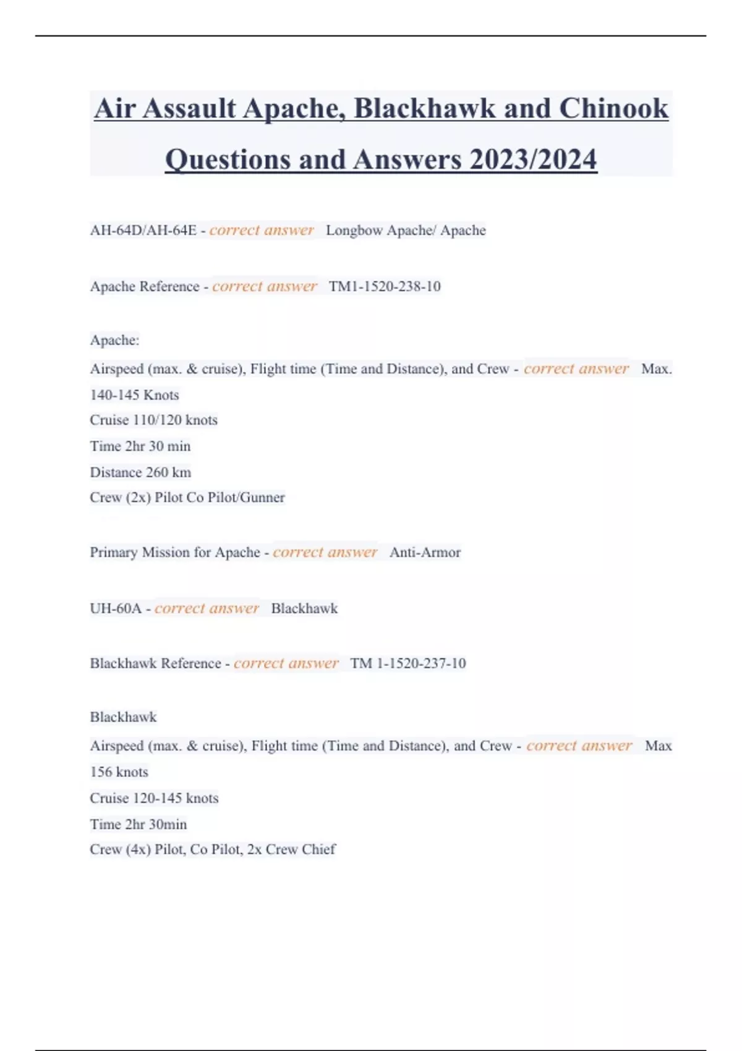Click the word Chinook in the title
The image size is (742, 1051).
point(613,109)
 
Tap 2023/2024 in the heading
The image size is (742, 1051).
point(533,160)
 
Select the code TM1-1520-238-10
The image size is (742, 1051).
point(385,286)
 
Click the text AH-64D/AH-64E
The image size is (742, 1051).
point(143,231)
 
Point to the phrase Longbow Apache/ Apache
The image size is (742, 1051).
point(406,231)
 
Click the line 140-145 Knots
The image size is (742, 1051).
point(134,395)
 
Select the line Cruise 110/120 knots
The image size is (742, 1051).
point(153,420)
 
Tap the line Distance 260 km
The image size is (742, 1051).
point(140,472)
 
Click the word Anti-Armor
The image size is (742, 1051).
point(425,552)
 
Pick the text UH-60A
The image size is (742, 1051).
point(116,608)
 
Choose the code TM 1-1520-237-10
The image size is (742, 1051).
point(408,663)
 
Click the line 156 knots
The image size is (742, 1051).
point(119,772)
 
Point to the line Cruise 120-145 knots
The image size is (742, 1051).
point(154,798)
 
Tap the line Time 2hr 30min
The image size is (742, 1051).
point(138,824)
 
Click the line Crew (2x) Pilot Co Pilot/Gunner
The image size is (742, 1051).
point(187,498)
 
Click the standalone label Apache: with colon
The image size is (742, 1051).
point(114,340)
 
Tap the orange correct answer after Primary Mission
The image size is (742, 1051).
point(325,552)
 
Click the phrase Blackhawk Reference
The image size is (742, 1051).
point(155,663)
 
